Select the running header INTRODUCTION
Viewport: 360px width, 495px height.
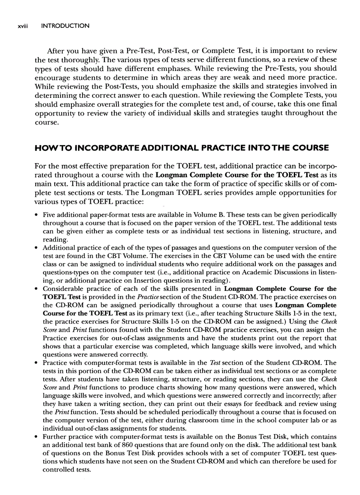65,26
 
